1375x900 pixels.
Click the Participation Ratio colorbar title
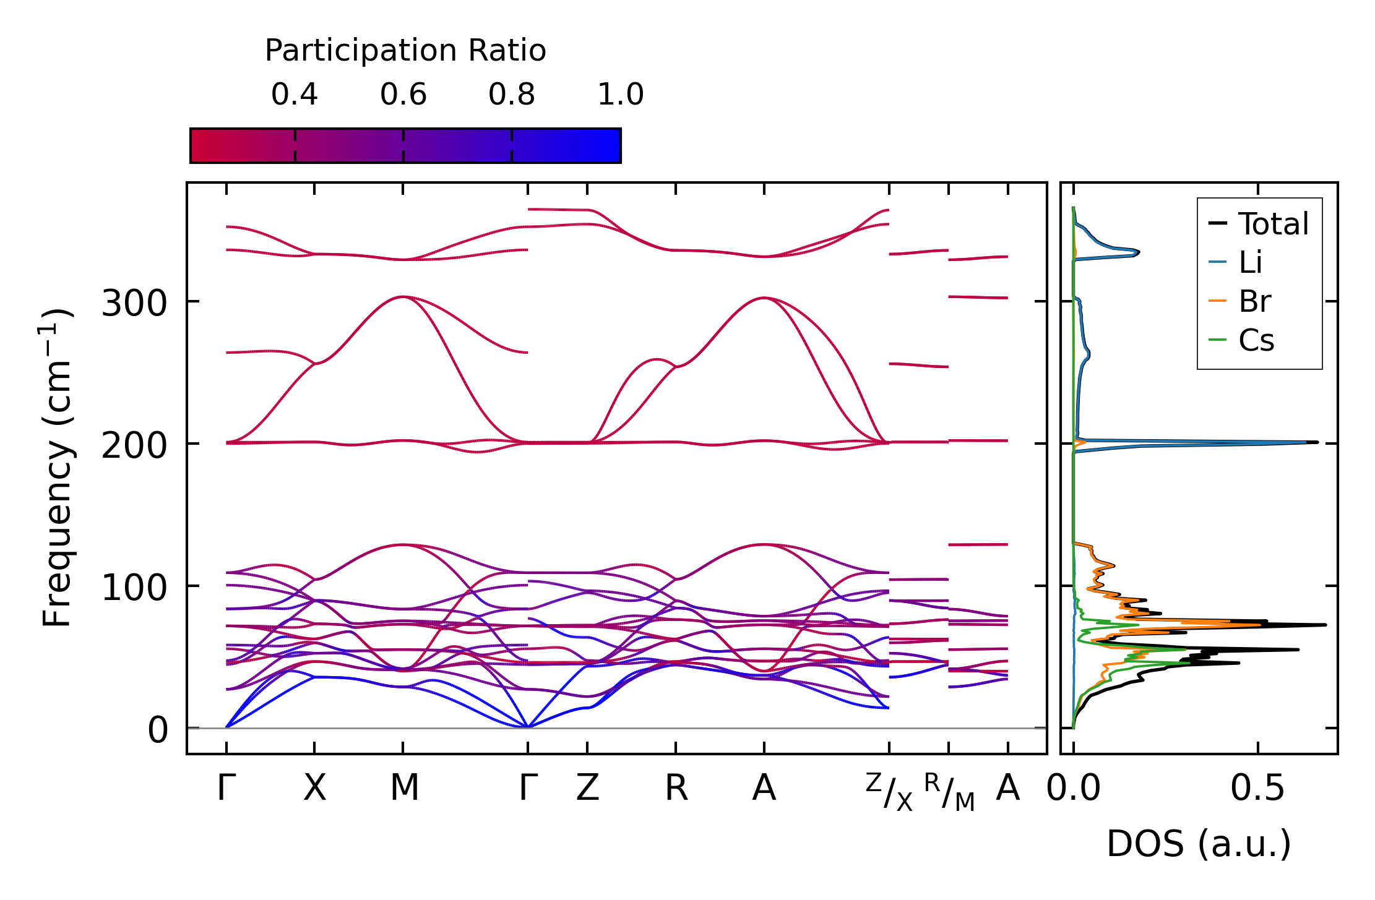[x=405, y=51]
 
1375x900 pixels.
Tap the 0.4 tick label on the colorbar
[x=295, y=95]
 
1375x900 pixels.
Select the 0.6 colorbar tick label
[x=403, y=95]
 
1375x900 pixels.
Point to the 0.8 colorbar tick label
[x=512, y=95]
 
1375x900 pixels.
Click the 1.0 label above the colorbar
[x=621, y=95]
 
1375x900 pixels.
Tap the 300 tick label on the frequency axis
[x=134, y=304]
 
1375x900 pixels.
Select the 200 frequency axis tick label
[x=134, y=446]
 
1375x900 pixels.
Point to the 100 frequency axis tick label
[x=134, y=588]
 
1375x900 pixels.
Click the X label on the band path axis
[x=314, y=789]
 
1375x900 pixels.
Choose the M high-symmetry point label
[x=404, y=789]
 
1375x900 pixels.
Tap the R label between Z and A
[x=676, y=789]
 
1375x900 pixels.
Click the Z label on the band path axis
[x=587, y=789]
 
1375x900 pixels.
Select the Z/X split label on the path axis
[x=889, y=792]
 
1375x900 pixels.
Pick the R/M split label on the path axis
[x=949, y=792]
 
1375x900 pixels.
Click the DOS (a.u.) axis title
[x=1199, y=844]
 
